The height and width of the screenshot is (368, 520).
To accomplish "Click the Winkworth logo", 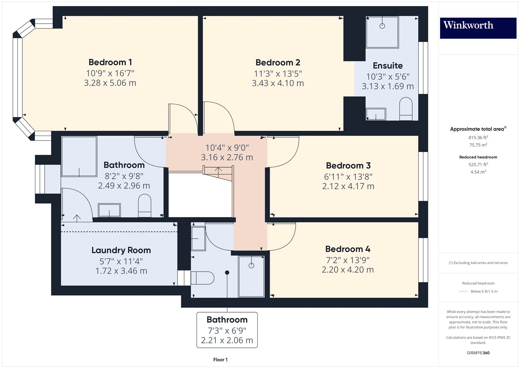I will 478,26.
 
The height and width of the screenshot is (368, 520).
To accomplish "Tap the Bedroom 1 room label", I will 110,62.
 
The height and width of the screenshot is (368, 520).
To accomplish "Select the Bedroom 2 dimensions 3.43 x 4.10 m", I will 278,84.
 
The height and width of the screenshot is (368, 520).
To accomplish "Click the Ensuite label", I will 387,66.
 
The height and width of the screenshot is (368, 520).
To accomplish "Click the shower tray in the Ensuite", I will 382,32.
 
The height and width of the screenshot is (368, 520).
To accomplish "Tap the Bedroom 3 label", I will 348,166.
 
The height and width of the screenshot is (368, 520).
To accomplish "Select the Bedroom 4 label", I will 348,249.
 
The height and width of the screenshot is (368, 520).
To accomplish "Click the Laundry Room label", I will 121,251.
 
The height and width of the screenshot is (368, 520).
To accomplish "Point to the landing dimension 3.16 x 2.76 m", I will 227,158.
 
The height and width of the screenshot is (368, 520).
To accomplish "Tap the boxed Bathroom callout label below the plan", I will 227,320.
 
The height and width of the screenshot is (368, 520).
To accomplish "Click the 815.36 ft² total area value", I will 478,138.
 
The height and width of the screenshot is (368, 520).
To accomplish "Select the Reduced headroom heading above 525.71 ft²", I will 478,157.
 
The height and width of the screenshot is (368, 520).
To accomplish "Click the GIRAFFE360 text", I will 478,353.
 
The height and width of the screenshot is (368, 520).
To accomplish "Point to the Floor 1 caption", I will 220,360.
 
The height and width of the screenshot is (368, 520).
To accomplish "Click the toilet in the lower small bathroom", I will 202,278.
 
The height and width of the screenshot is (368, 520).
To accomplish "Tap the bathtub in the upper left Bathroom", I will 79,156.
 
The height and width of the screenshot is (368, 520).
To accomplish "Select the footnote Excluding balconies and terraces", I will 478,263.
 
